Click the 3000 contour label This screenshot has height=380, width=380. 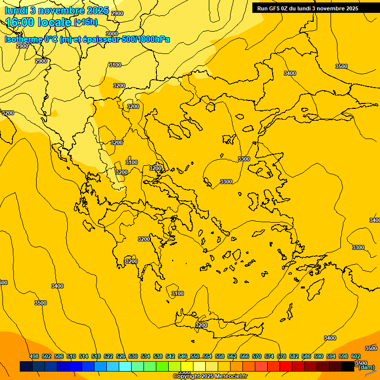(x=112, y=34)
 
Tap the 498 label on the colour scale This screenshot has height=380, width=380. (x=34, y=356)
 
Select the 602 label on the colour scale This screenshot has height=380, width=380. (x=356, y=356)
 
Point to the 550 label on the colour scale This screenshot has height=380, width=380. (x=195, y=356)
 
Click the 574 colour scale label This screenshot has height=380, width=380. (x=269, y=356)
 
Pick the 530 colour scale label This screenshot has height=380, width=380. (x=133, y=356)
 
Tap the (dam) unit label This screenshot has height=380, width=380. (x=367, y=367)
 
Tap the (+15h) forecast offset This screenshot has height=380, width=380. (x=86, y=22)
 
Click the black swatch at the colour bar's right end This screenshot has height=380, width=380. (x=348, y=366)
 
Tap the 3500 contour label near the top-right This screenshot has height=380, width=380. (x=341, y=66)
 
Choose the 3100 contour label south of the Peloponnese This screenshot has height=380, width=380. (x=177, y=294)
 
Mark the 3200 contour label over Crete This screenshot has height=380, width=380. (x=201, y=325)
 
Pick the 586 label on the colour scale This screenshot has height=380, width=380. (x=306, y=356)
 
